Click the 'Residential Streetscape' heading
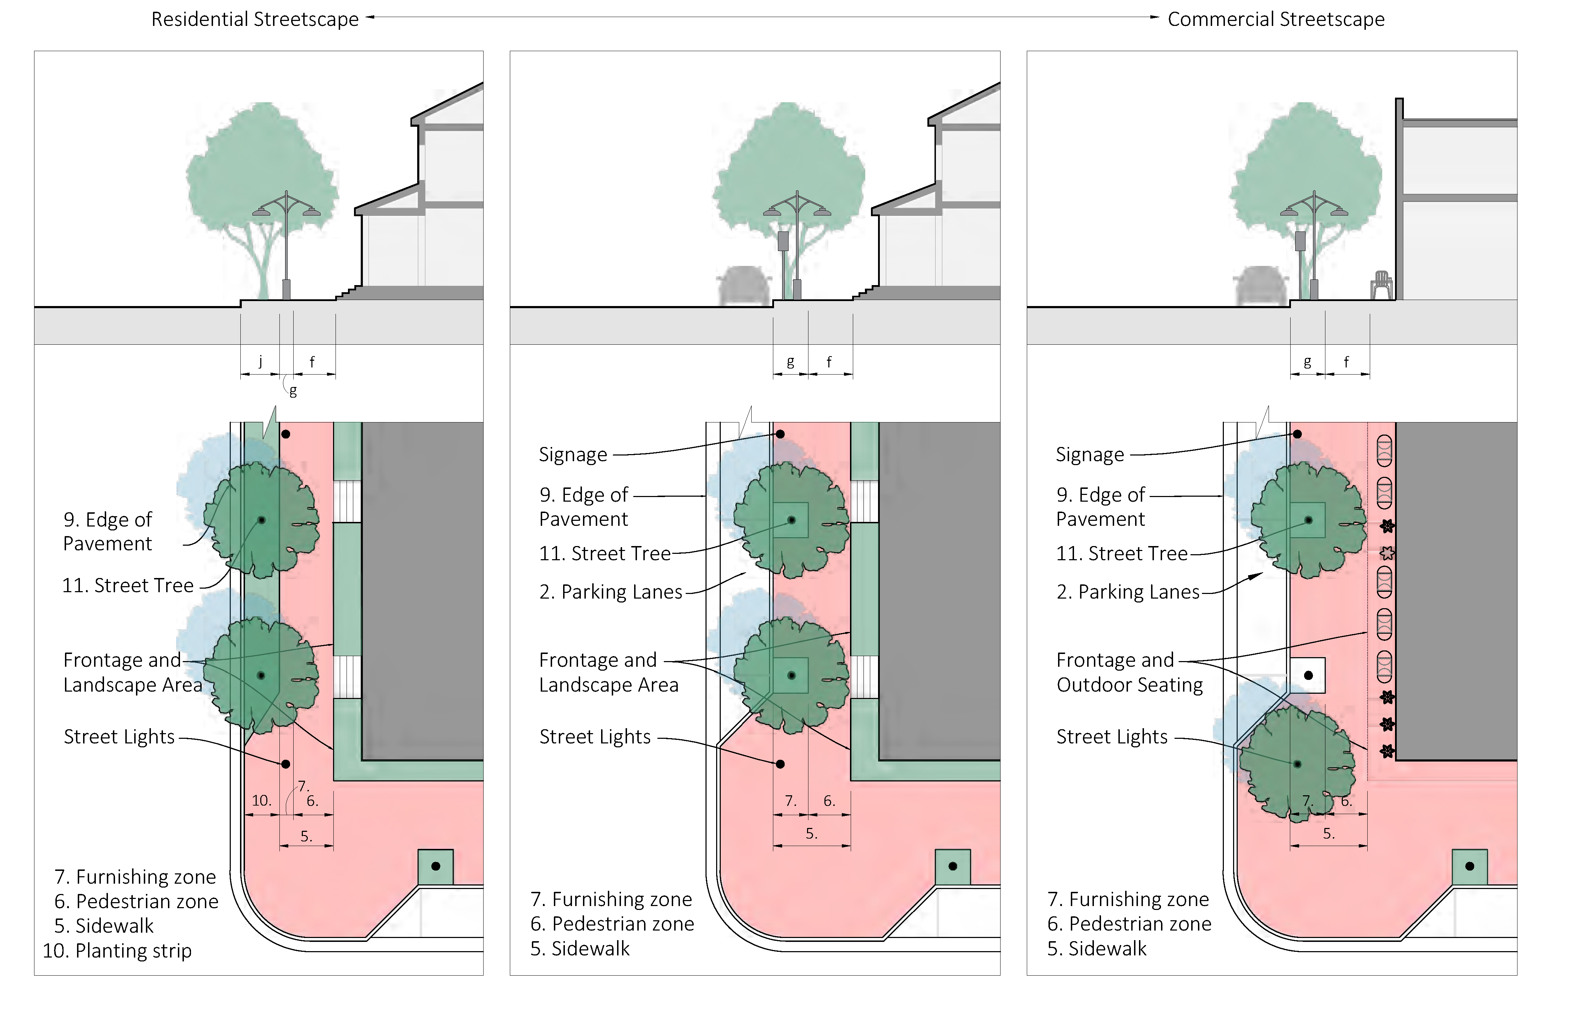tap(255, 20)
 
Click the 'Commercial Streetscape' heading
tap(1276, 20)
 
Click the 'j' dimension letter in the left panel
tap(260, 361)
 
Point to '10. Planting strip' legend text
tap(117, 951)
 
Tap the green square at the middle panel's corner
tap(953, 866)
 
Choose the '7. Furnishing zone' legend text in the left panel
tap(135, 877)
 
